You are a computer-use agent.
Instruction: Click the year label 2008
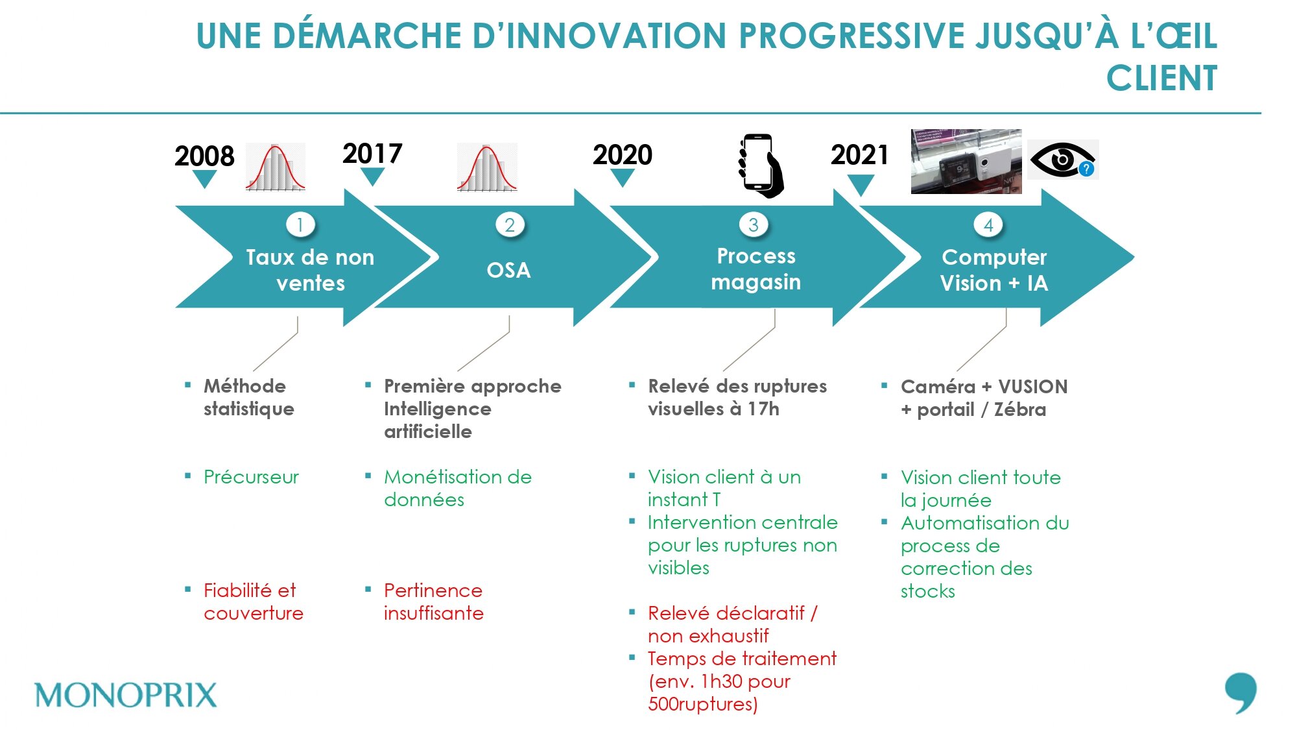point(204,156)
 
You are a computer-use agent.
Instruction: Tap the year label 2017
point(372,154)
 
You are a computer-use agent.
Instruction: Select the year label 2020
point(623,154)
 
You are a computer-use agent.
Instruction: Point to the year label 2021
point(860,154)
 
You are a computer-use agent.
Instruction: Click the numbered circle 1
point(300,225)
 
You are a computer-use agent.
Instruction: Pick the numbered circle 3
point(754,225)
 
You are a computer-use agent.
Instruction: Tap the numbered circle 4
point(988,225)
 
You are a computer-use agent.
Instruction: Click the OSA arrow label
point(509,270)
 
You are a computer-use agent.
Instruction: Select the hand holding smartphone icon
point(760,165)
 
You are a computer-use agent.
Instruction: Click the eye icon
point(1062,159)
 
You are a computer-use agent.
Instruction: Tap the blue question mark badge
point(1086,169)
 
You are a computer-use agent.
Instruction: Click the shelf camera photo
point(966,161)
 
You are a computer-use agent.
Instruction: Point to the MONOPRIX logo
point(126,695)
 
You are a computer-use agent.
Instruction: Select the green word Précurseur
point(251,477)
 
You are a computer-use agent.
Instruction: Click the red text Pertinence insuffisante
point(433,602)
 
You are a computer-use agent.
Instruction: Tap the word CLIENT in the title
point(1161,79)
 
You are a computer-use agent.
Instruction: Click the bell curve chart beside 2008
point(276,167)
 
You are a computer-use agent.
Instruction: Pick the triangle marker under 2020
point(623,178)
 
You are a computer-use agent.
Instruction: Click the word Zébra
point(1020,409)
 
